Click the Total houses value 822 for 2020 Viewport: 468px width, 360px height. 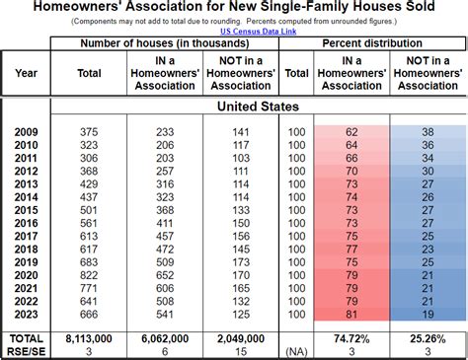89,275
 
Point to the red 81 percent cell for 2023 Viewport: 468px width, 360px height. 351,314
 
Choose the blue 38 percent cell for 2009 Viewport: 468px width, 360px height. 428,131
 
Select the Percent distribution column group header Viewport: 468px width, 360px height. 372,45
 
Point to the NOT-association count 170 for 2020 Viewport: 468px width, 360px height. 239,275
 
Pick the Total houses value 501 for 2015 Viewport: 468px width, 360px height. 89,209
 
